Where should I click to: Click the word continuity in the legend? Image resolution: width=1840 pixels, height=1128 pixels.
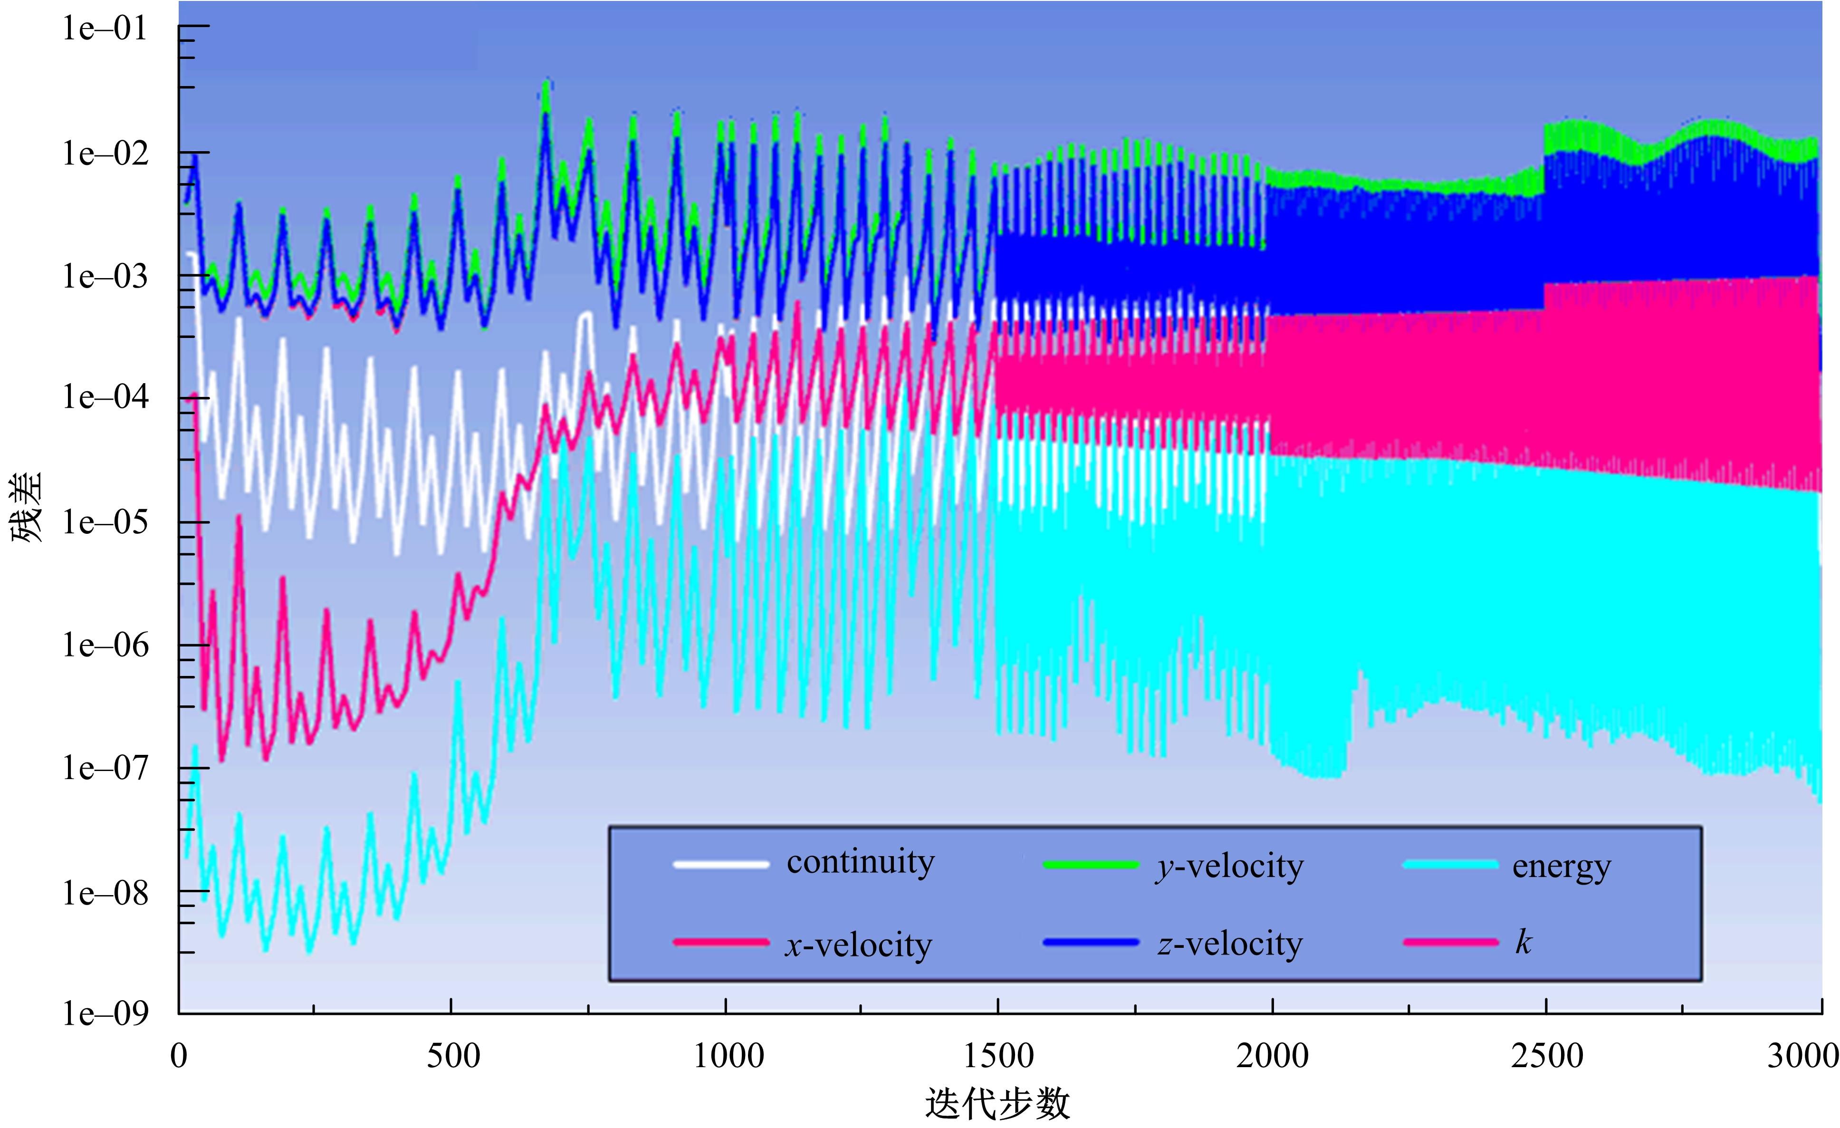click(x=860, y=863)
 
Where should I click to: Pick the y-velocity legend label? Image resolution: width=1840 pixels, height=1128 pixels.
click(x=1229, y=867)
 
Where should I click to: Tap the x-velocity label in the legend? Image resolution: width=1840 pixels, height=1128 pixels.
click(x=858, y=945)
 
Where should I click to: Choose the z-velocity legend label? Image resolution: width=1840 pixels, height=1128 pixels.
click(x=1230, y=944)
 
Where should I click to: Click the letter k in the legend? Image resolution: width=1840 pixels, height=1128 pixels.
click(x=1523, y=942)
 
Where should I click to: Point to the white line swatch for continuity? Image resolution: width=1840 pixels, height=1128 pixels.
click(x=720, y=864)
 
